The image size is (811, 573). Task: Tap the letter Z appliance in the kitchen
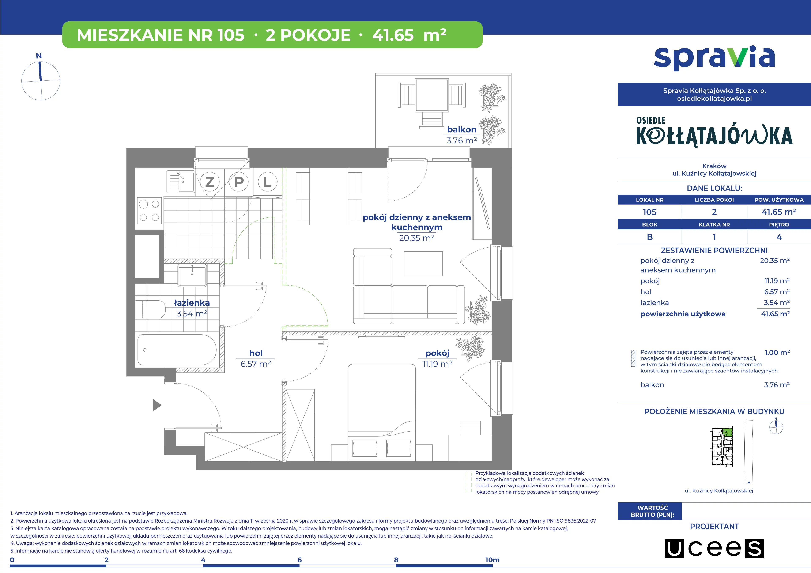tap(210, 182)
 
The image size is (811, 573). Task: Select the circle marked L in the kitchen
tap(267, 182)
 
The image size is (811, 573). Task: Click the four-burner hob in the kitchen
tap(149, 210)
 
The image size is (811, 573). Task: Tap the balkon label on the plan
tap(462, 130)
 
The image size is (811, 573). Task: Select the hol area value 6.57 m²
tap(256, 364)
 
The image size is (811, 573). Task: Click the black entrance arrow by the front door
tap(157, 405)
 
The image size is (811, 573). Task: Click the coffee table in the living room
tap(423, 263)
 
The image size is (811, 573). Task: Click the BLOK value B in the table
tap(650, 237)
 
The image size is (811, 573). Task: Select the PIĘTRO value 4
tap(779, 237)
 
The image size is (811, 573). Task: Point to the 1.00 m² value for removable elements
tap(777, 352)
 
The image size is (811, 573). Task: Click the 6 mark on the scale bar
tap(299, 560)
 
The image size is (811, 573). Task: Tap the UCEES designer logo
tap(714, 548)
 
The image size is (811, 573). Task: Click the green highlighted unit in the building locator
tap(728, 432)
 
